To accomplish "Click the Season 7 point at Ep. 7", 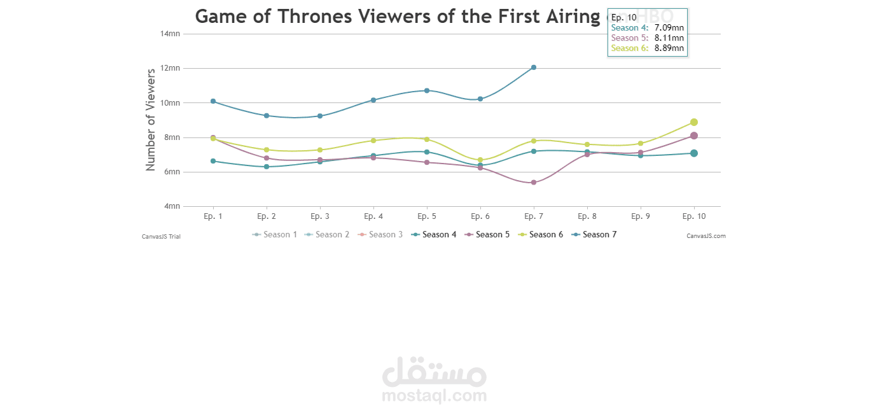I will pos(534,67).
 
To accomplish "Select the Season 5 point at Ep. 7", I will pos(534,183).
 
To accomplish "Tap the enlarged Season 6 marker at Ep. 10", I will pos(694,122).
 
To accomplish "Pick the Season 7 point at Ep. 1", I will pos(213,101).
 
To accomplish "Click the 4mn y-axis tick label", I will pos(171,206).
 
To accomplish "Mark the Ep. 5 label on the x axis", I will pos(427,216).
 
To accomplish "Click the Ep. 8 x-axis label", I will pos(587,216).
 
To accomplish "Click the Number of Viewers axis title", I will pos(151,120).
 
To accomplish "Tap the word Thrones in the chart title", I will pos(309,17).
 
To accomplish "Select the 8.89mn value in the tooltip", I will pos(669,48).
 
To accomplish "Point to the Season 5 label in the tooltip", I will pos(629,38).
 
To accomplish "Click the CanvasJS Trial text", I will pos(161,236).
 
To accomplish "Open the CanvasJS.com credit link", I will pos(706,236).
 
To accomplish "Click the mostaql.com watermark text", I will pos(434,396).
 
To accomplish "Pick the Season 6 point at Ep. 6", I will pos(480,160).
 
